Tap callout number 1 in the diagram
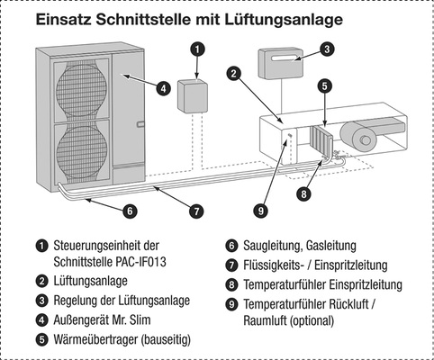click(198, 50)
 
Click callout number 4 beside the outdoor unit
click(163, 88)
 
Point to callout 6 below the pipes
click(130, 211)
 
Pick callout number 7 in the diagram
click(195, 211)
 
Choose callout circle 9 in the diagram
click(260, 211)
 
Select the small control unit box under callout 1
click(193, 95)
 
